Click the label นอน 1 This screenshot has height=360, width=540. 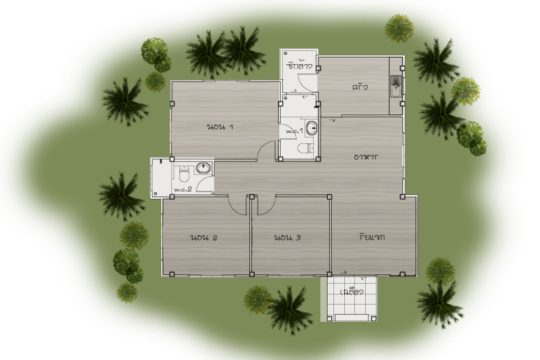[x=220, y=127]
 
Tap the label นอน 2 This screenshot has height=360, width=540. [x=204, y=238]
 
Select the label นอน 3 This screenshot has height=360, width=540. [x=287, y=238]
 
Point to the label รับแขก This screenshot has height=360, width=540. [x=372, y=237]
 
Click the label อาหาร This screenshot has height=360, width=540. [x=366, y=157]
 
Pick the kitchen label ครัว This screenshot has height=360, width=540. [x=360, y=87]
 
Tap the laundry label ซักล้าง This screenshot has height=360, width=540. [x=299, y=66]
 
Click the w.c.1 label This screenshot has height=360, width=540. [x=294, y=131]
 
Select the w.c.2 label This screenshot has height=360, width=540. [x=183, y=189]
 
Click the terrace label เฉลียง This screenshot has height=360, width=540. [x=352, y=292]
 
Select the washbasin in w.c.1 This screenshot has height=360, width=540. [x=312, y=128]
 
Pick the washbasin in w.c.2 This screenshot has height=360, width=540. [x=204, y=168]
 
